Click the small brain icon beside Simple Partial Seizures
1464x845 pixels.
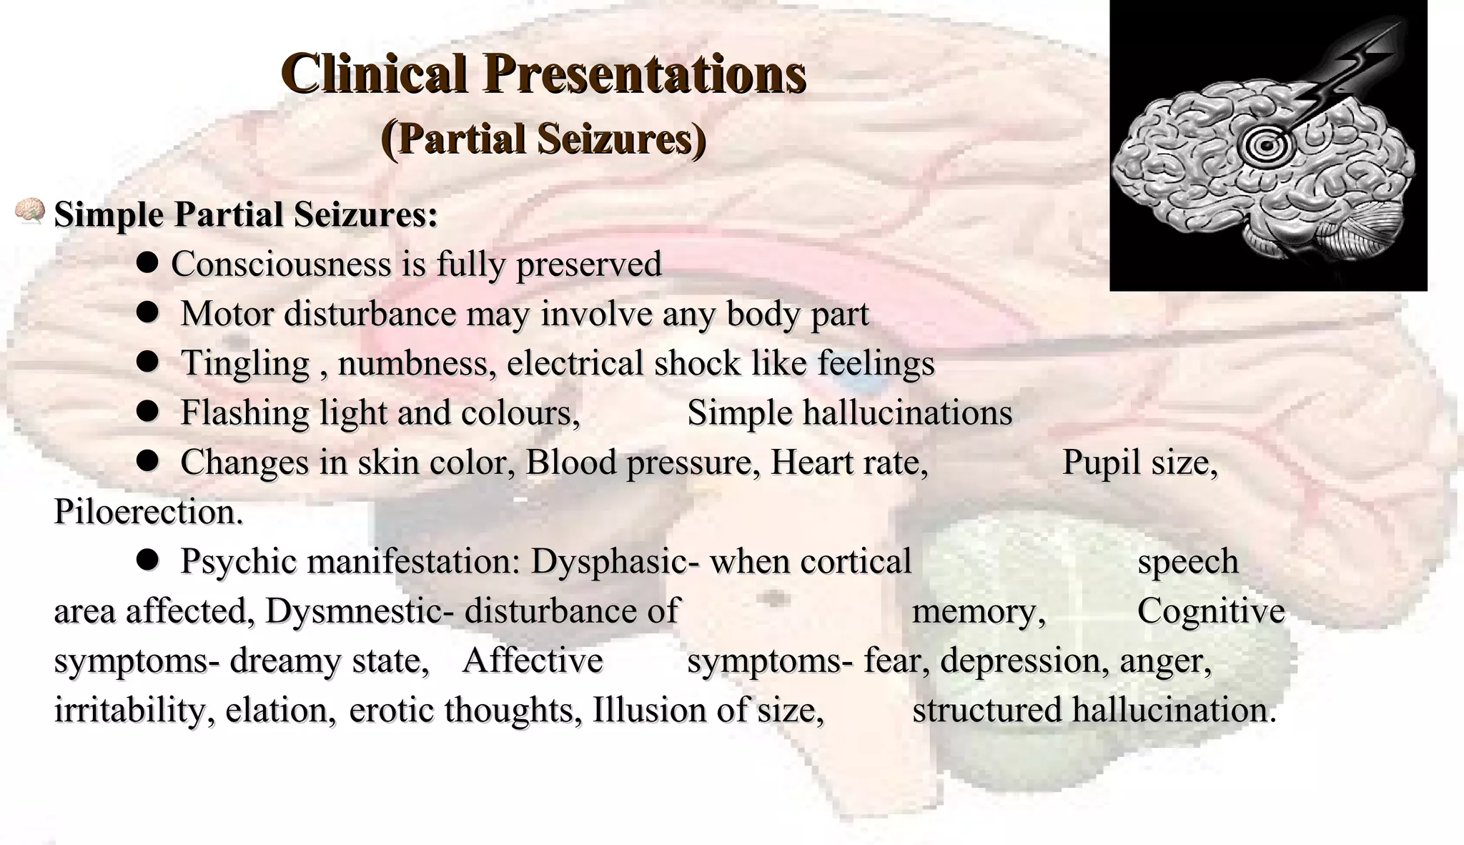(x=30, y=212)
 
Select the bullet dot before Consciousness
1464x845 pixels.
(x=147, y=264)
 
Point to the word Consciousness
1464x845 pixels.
(x=281, y=264)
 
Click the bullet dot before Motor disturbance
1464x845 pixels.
(x=147, y=313)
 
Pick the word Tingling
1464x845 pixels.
(x=244, y=363)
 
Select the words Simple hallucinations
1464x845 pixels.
(x=849, y=412)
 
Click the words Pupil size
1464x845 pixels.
(x=1139, y=462)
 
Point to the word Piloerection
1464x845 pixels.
(x=148, y=512)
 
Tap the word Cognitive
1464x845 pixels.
(x=1210, y=611)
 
